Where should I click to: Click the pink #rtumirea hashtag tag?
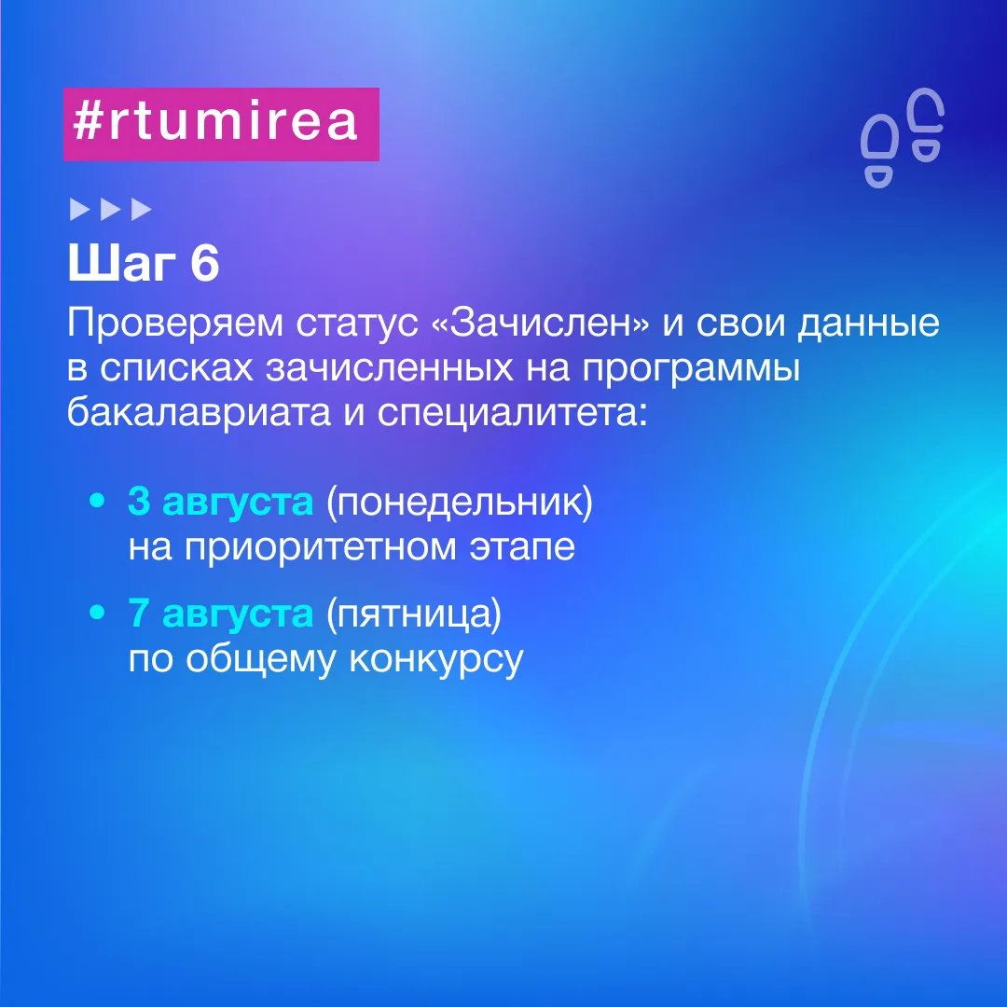tap(221, 124)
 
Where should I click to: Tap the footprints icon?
tap(903, 138)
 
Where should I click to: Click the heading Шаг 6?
tap(144, 263)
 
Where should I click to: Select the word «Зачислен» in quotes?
tap(542, 323)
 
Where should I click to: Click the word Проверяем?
tap(174, 324)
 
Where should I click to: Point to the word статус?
tap(357, 324)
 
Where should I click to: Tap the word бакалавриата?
tap(199, 413)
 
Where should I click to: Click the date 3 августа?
tap(220, 502)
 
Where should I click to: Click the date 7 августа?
tap(220, 614)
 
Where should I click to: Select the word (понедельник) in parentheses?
tap(460, 503)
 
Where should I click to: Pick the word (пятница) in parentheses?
tap(414, 614)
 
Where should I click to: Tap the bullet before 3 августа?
tap(98, 501)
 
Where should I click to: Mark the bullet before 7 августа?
tap(98, 613)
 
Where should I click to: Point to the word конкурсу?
tap(436, 659)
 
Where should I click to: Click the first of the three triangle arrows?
tap(79, 210)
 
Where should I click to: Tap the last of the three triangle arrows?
tap(142, 210)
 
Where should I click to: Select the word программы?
tap(692, 369)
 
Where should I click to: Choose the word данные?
tap(869, 324)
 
